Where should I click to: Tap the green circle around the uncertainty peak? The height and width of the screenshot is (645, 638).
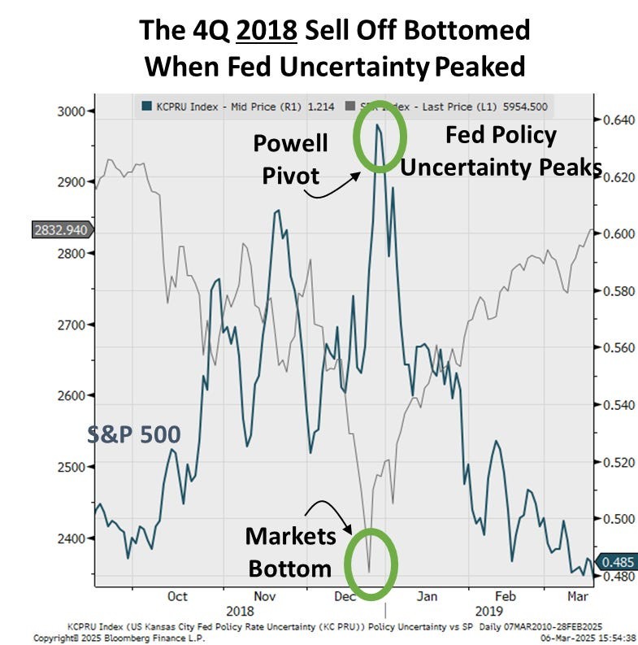click(379, 137)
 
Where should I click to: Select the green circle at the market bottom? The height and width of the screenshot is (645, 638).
click(371, 563)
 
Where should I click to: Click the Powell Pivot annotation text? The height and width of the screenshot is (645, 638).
click(290, 159)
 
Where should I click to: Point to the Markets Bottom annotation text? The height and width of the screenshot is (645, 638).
click(290, 551)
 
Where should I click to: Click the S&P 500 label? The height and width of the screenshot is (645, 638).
click(133, 435)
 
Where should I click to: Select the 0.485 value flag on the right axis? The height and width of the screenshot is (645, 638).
click(617, 561)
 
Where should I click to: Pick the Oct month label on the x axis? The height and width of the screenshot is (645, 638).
click(177, 596)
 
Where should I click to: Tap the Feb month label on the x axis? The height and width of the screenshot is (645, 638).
click(506, 596)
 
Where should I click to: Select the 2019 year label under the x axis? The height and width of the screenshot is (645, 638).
click(488, 610)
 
